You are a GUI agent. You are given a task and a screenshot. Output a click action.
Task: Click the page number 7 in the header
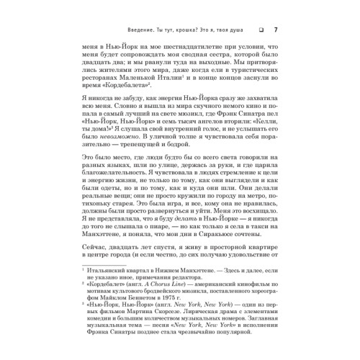tap(277, 28)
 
